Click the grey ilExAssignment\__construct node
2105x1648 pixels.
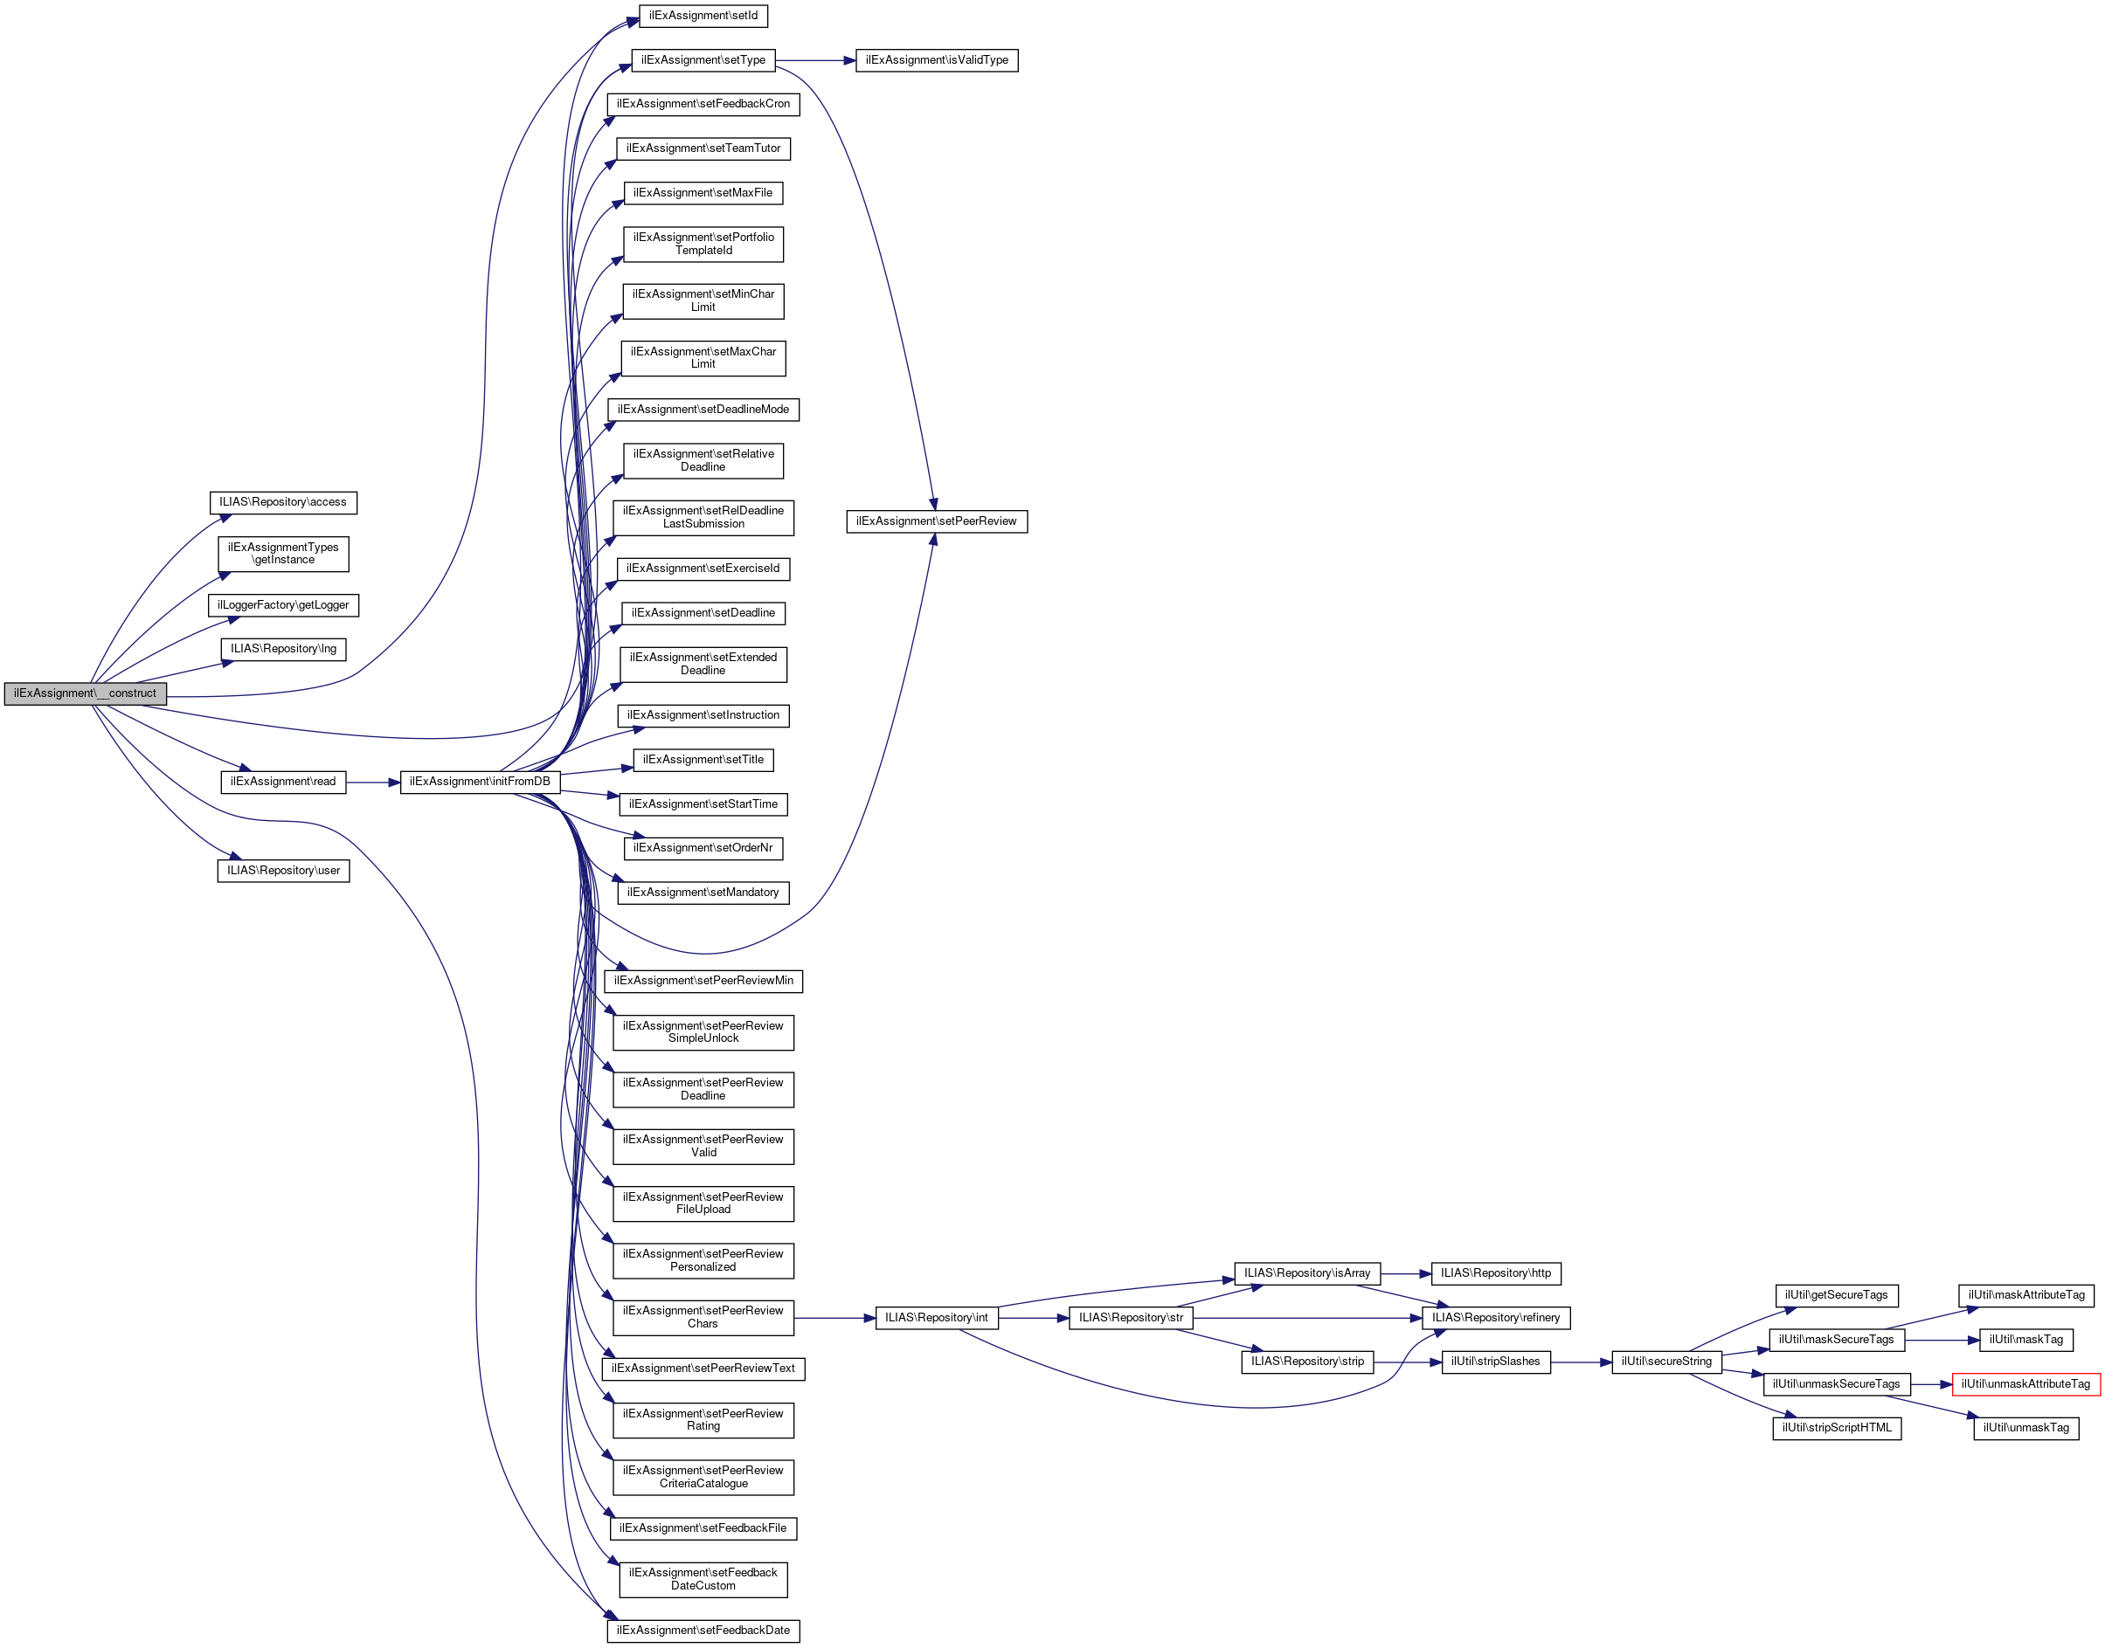(x=85, y=693)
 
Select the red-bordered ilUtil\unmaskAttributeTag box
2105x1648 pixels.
(x=2025, y=1384)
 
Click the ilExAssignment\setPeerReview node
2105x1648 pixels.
(x=936, y=522)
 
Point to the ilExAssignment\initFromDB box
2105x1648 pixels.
(x=480, y=782)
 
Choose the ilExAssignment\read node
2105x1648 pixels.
(x=283, y=782)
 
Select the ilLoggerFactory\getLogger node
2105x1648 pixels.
(x=283, y=605)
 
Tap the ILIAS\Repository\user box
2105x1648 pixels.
(x=283, y=872)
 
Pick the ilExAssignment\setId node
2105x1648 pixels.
(x=703, y=17)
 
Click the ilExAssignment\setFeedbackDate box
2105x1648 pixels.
(x=703, y=1631)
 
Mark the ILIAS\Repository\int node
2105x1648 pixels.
(x=936, y=1318)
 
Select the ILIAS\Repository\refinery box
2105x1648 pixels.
(x=1495, y=1318)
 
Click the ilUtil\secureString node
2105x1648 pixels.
(x=1665, y=1362)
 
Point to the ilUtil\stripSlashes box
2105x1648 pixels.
(x=1495, y=1362)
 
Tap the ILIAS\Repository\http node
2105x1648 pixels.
(x=1495, y=1273)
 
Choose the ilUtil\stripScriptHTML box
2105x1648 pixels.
(x=1836, y=1428)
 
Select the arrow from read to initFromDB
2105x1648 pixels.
(x=372, y=783)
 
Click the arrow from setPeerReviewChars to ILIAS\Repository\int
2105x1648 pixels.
(x=834, y=1318)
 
